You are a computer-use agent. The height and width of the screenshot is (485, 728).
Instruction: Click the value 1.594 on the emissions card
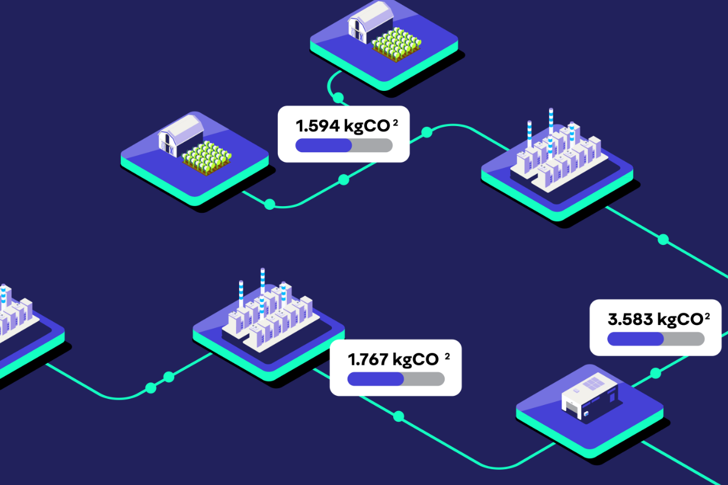[317, 126]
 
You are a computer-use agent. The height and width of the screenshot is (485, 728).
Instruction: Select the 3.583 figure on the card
[630, 319]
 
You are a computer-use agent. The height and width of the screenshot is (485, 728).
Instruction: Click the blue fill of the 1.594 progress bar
[323, 145]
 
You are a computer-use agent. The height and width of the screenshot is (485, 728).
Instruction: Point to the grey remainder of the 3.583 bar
[684, 339]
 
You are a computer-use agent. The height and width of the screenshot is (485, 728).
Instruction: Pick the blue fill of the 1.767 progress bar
[376, 379]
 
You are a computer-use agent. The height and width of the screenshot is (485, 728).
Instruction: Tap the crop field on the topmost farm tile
[397, 44]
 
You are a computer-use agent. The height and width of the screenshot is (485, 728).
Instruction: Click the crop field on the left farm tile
[207, 158]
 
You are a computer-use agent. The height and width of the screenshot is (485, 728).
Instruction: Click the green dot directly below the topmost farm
[339, 98]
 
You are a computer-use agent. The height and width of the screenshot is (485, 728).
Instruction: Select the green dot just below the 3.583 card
[656, 373]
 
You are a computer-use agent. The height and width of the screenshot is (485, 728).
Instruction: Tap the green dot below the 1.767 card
[399, 416]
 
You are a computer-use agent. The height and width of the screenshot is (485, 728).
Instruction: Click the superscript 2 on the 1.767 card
[447, 356]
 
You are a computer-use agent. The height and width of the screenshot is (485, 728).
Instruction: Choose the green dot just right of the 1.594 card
[426, 132]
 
